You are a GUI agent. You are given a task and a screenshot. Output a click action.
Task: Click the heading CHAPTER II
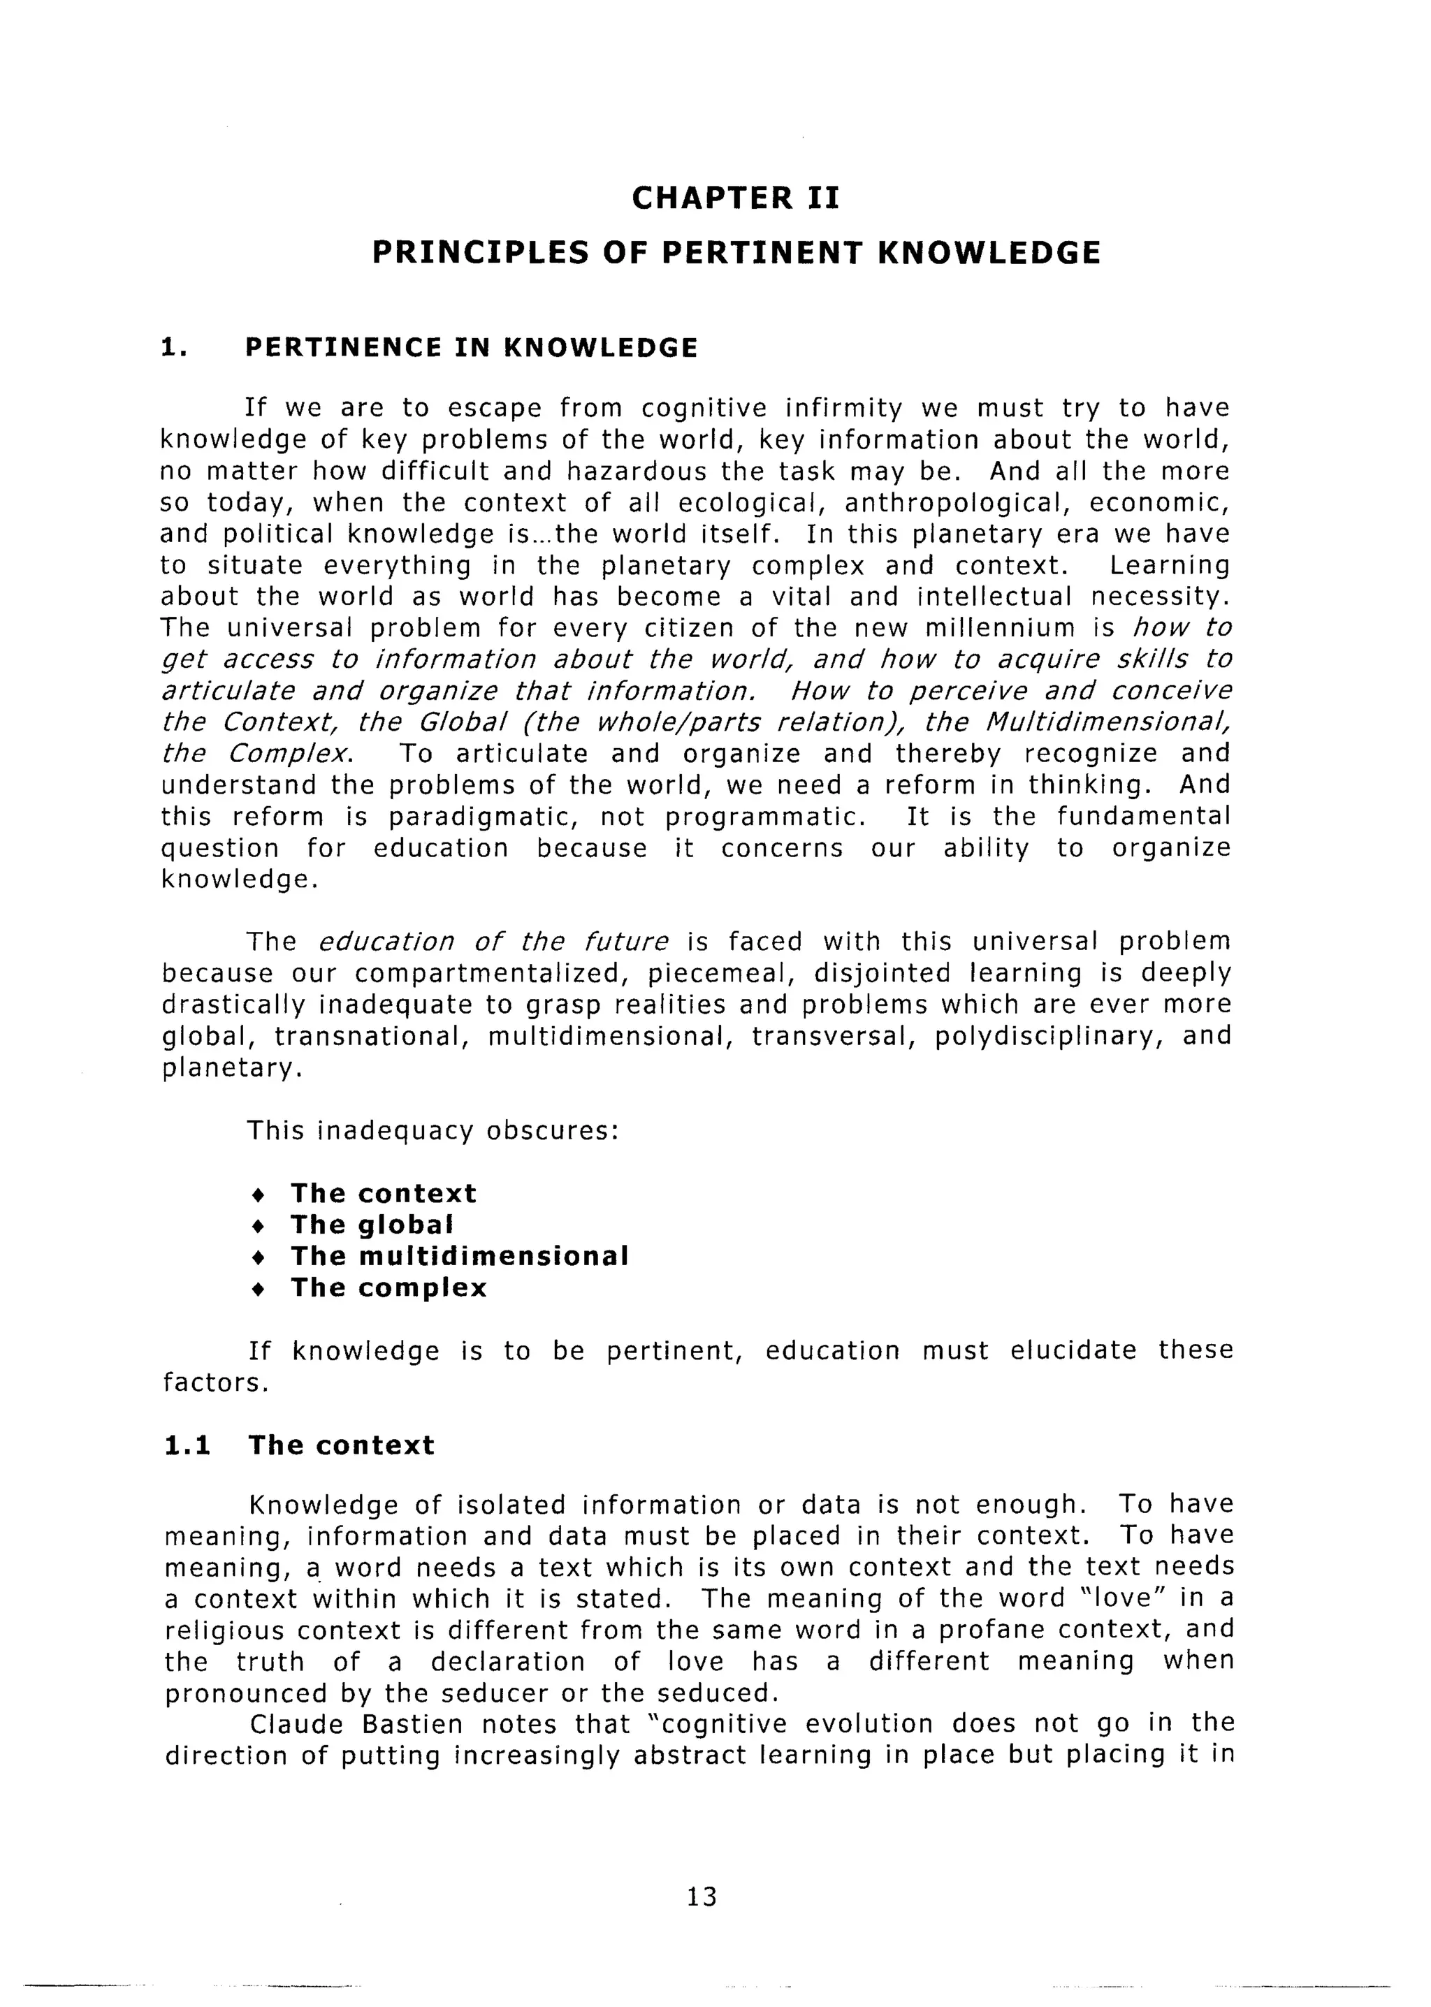(736, 198)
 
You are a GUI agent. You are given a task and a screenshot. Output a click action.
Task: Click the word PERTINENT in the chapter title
(764, 253)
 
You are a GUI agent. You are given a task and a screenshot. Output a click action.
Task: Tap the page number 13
(702, 1896)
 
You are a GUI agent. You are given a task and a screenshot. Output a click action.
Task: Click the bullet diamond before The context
(256, 1195)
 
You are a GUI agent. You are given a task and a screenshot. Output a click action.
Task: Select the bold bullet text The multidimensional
(460, 1255)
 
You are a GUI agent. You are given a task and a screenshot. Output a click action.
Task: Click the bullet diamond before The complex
(256, 1288)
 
